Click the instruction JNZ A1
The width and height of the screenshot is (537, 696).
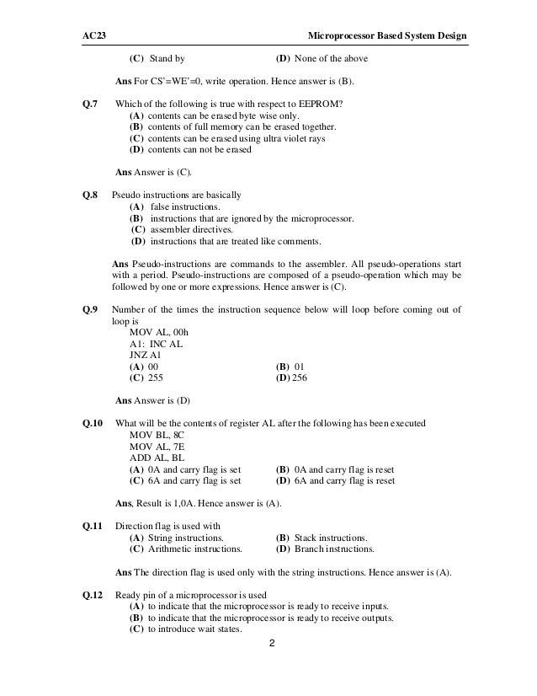146,356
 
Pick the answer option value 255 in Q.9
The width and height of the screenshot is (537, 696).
156,378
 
